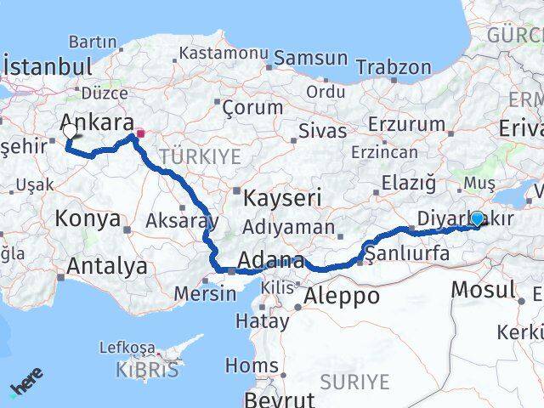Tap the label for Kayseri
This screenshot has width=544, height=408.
[282, 198]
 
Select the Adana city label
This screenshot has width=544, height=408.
[272, 260]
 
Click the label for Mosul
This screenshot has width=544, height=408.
[483, 289]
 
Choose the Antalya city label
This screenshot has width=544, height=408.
[106, 266]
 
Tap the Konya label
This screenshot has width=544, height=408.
[87, 218]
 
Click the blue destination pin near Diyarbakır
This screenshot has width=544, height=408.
[477, 219]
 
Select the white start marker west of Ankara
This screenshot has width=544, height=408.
[70, 132]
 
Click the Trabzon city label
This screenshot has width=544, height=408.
[394, 67]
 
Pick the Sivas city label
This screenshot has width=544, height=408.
[322, 131]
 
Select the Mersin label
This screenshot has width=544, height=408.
[204, 293]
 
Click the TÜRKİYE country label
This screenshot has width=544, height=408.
[200, 156]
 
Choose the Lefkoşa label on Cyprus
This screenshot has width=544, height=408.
[127, 348]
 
